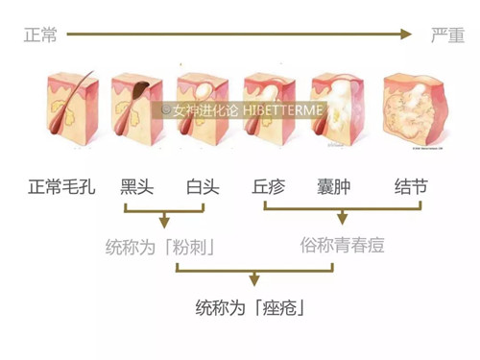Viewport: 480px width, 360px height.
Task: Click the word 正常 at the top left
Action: coord(41,36)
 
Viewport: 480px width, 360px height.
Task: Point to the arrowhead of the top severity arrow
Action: coord(405,36)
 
